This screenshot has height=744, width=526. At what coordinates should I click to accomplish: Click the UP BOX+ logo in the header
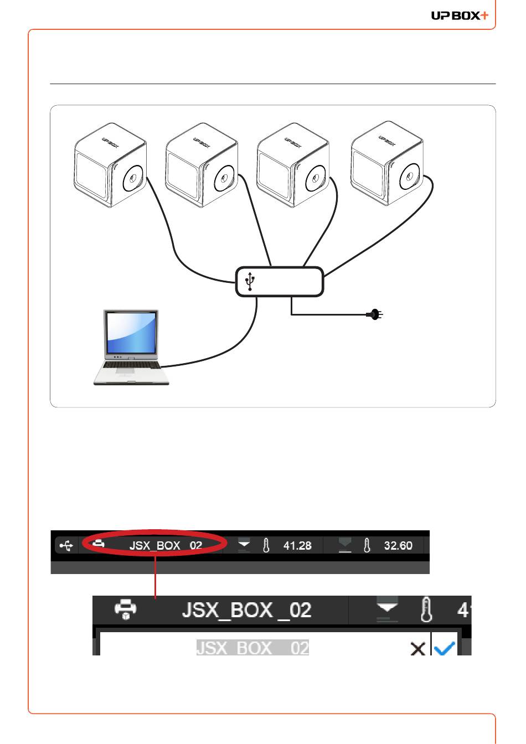(460, 15)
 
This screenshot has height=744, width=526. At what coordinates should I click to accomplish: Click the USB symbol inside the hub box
(250, 282)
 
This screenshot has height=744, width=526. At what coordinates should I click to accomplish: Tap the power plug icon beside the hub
(375, 315)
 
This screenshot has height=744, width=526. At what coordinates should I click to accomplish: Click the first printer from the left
(111, 166)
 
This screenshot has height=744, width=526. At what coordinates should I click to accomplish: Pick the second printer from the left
(202, 166)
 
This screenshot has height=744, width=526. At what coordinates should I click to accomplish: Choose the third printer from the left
(293, 166)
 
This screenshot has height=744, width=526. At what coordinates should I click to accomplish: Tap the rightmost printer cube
(388, 164)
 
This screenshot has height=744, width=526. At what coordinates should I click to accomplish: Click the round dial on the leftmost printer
(133, 178)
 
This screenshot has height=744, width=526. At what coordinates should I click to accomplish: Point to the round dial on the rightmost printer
(410, 177)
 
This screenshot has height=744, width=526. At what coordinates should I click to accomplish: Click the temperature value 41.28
(297, 546)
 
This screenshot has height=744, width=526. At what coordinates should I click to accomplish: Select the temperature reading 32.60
(398, 546)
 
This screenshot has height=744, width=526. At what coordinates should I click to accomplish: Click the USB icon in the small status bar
(66, 546)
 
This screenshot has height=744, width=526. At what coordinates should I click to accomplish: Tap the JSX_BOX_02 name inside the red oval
(166, 546)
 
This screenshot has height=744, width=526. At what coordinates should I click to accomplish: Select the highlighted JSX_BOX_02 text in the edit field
(252, 648)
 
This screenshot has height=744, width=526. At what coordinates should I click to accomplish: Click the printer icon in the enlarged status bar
(126, 609)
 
